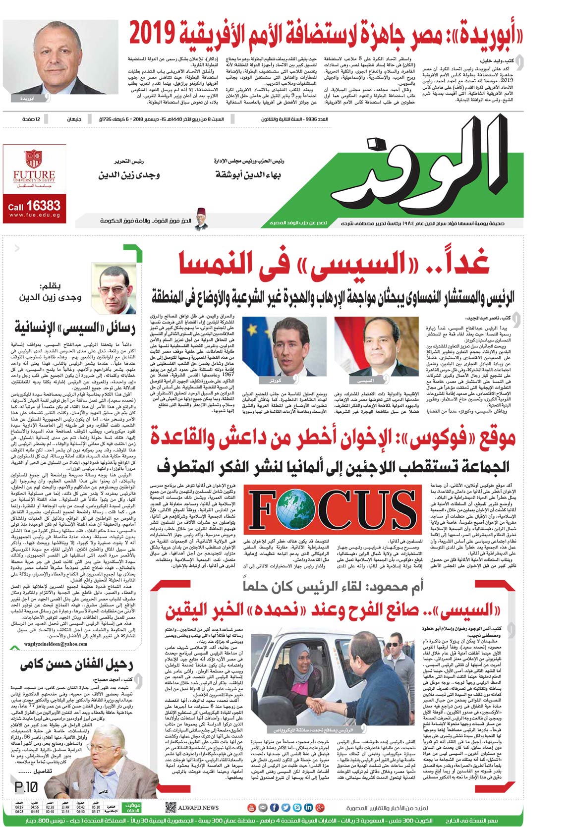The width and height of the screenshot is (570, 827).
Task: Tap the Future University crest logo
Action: [34, 158]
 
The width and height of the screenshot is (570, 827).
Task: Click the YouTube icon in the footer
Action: [251, 808]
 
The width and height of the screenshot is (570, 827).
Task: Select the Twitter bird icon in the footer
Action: [285, 808]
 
